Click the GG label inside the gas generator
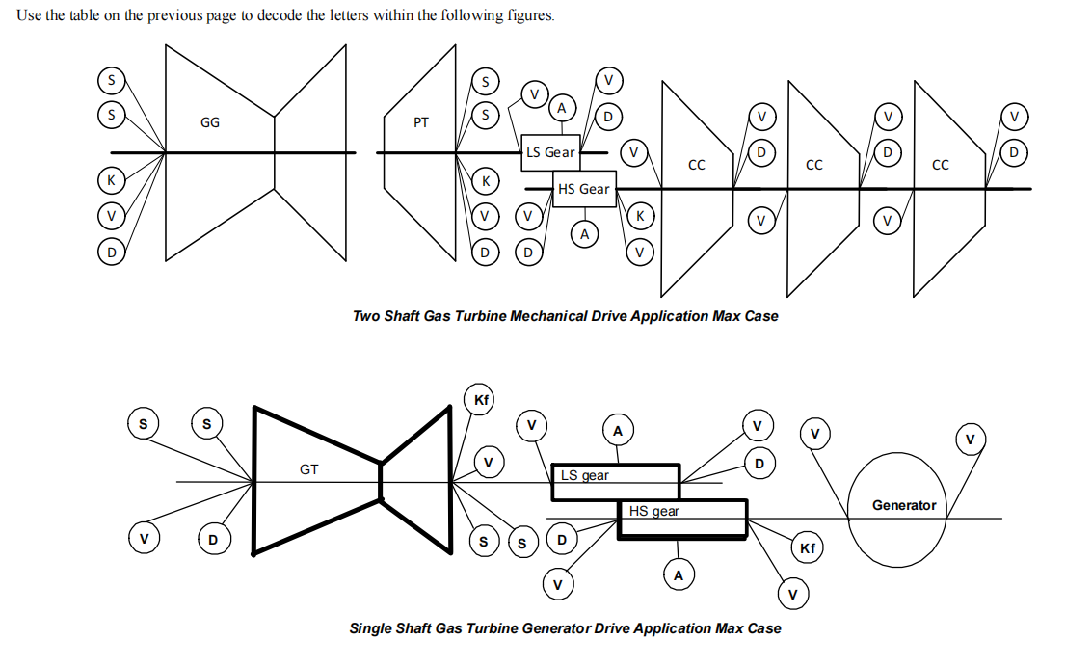[209, 122]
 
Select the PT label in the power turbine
[420, 122]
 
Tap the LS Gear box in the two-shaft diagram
[549, 152]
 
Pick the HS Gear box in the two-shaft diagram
[583, 189]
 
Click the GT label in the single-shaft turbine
[308, 470]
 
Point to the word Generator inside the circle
[903, 505]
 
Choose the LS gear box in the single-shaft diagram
[615, 481]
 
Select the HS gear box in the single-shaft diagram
[682, 518]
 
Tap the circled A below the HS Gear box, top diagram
[583, 233]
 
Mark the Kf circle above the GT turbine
[479, 399]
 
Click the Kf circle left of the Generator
[808, 548]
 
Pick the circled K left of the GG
[112, 181]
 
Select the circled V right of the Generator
[970, 440]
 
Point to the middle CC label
[813, 166]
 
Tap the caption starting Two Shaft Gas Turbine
[565, 316]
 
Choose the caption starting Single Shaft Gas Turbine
[565, 628]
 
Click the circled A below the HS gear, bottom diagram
[678, 575]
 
